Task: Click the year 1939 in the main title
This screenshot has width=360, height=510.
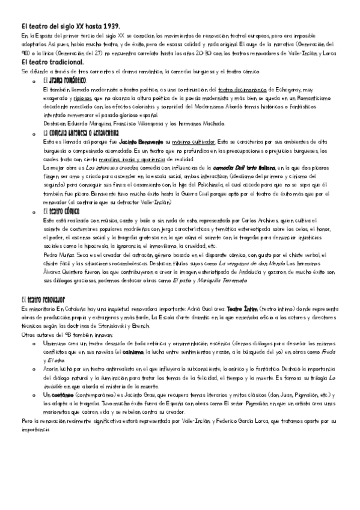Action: point(110,27)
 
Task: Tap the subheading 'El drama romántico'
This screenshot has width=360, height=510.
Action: point(64,80)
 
